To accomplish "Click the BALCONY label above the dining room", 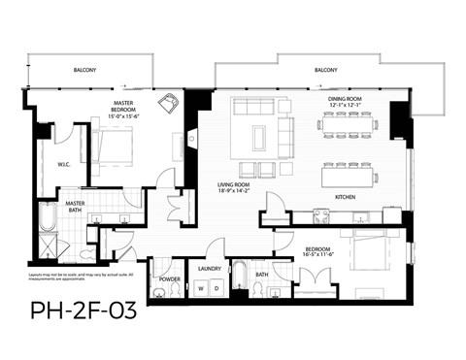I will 326,71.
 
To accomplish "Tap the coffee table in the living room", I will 259,137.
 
